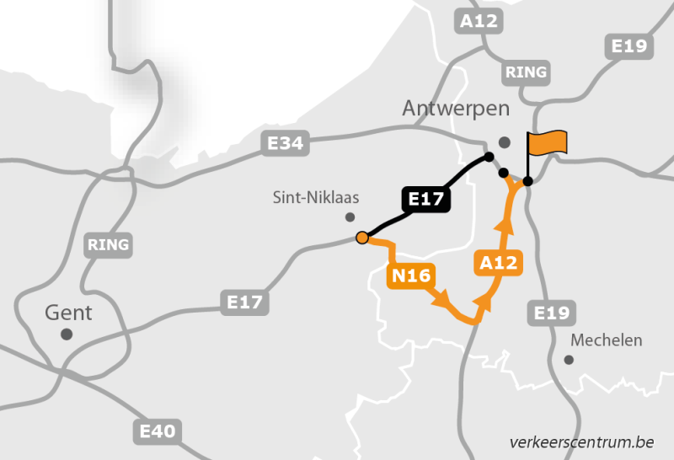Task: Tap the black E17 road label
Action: click(x=426, y=200)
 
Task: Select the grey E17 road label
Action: click(x=245, y=301)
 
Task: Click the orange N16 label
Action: click(x=410, y=275)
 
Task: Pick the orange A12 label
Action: click(x=498, y=263)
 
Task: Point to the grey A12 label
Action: click(x=479, y=20)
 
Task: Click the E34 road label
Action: click(x=285, y=143)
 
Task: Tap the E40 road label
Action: click(x=158, y=432)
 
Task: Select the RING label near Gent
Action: click(x=108, y=245)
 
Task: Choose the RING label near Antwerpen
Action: click(x=526, y=72)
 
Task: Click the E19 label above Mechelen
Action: click(x=552, y=313)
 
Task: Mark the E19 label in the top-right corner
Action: click(x=629, y=45)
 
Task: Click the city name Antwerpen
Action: click(x=456, y=109)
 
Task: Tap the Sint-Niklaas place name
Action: click(x=316, y=198)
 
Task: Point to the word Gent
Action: click(x=68, y=313)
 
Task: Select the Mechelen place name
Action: click(x=606, y=340)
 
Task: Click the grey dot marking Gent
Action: click(x=67, y=334)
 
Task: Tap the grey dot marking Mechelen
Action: click(x=569, y=360)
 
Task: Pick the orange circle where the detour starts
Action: click(x=361, y=238)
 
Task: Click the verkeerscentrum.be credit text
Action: click(x=581, y=441)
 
